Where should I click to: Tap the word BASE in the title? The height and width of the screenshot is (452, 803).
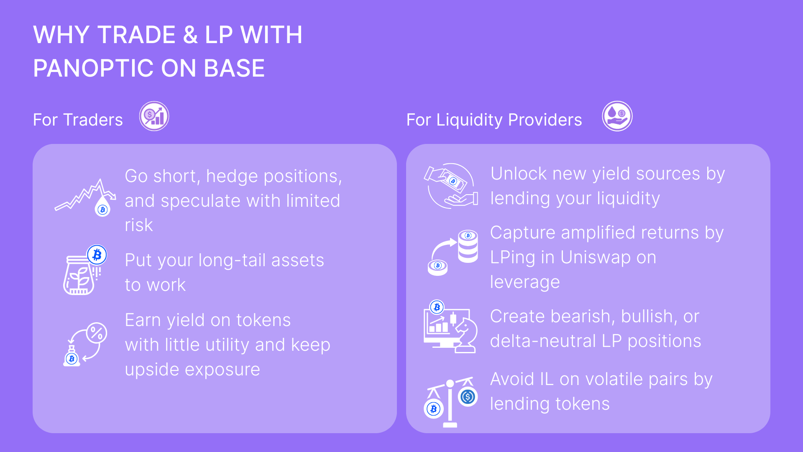click(234, 68)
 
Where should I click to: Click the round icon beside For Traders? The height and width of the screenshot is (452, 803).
click(154, 116)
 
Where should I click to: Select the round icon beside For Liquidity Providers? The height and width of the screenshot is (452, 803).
click(617, 116)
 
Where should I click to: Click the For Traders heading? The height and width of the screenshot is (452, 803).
click(78, 120)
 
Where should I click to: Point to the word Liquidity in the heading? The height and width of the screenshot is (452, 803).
click(469, 120)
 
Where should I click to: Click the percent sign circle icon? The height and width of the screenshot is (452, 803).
click(97, 333)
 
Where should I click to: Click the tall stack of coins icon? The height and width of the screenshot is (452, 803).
click(468, 247)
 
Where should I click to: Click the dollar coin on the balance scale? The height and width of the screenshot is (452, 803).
click(468, 396)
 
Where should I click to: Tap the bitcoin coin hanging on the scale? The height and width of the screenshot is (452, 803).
click(434, 408)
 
